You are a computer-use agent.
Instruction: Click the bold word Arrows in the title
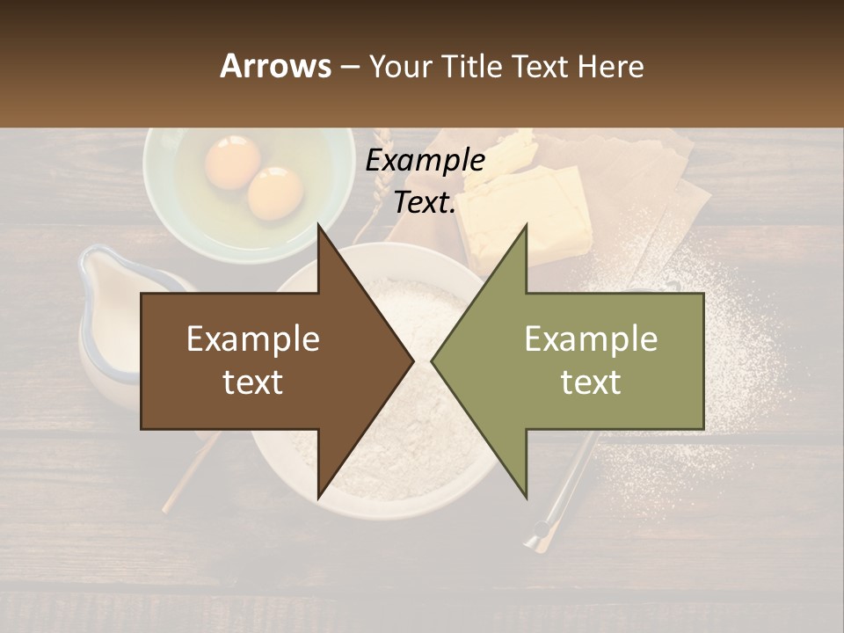pyautogui.click(x=275, y=66)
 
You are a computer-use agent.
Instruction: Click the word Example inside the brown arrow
pyautogui.click(x=253, y=339)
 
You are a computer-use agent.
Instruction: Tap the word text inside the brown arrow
pyautogui.click(x=253, y=382)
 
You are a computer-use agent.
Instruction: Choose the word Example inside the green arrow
pyautogui.click(x=591, y=339)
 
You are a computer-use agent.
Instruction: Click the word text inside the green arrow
pyautogui.click(x=591, y=382)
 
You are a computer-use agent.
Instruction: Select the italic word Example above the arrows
pyautogui.click(x=425, y=161)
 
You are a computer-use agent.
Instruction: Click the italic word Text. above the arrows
pyautogui.click(x=425, y=203)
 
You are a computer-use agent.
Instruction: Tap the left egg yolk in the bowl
pyautogui.click(x=233, y=162)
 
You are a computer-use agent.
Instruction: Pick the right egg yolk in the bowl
pyautogui.click(x=275, y=193)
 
